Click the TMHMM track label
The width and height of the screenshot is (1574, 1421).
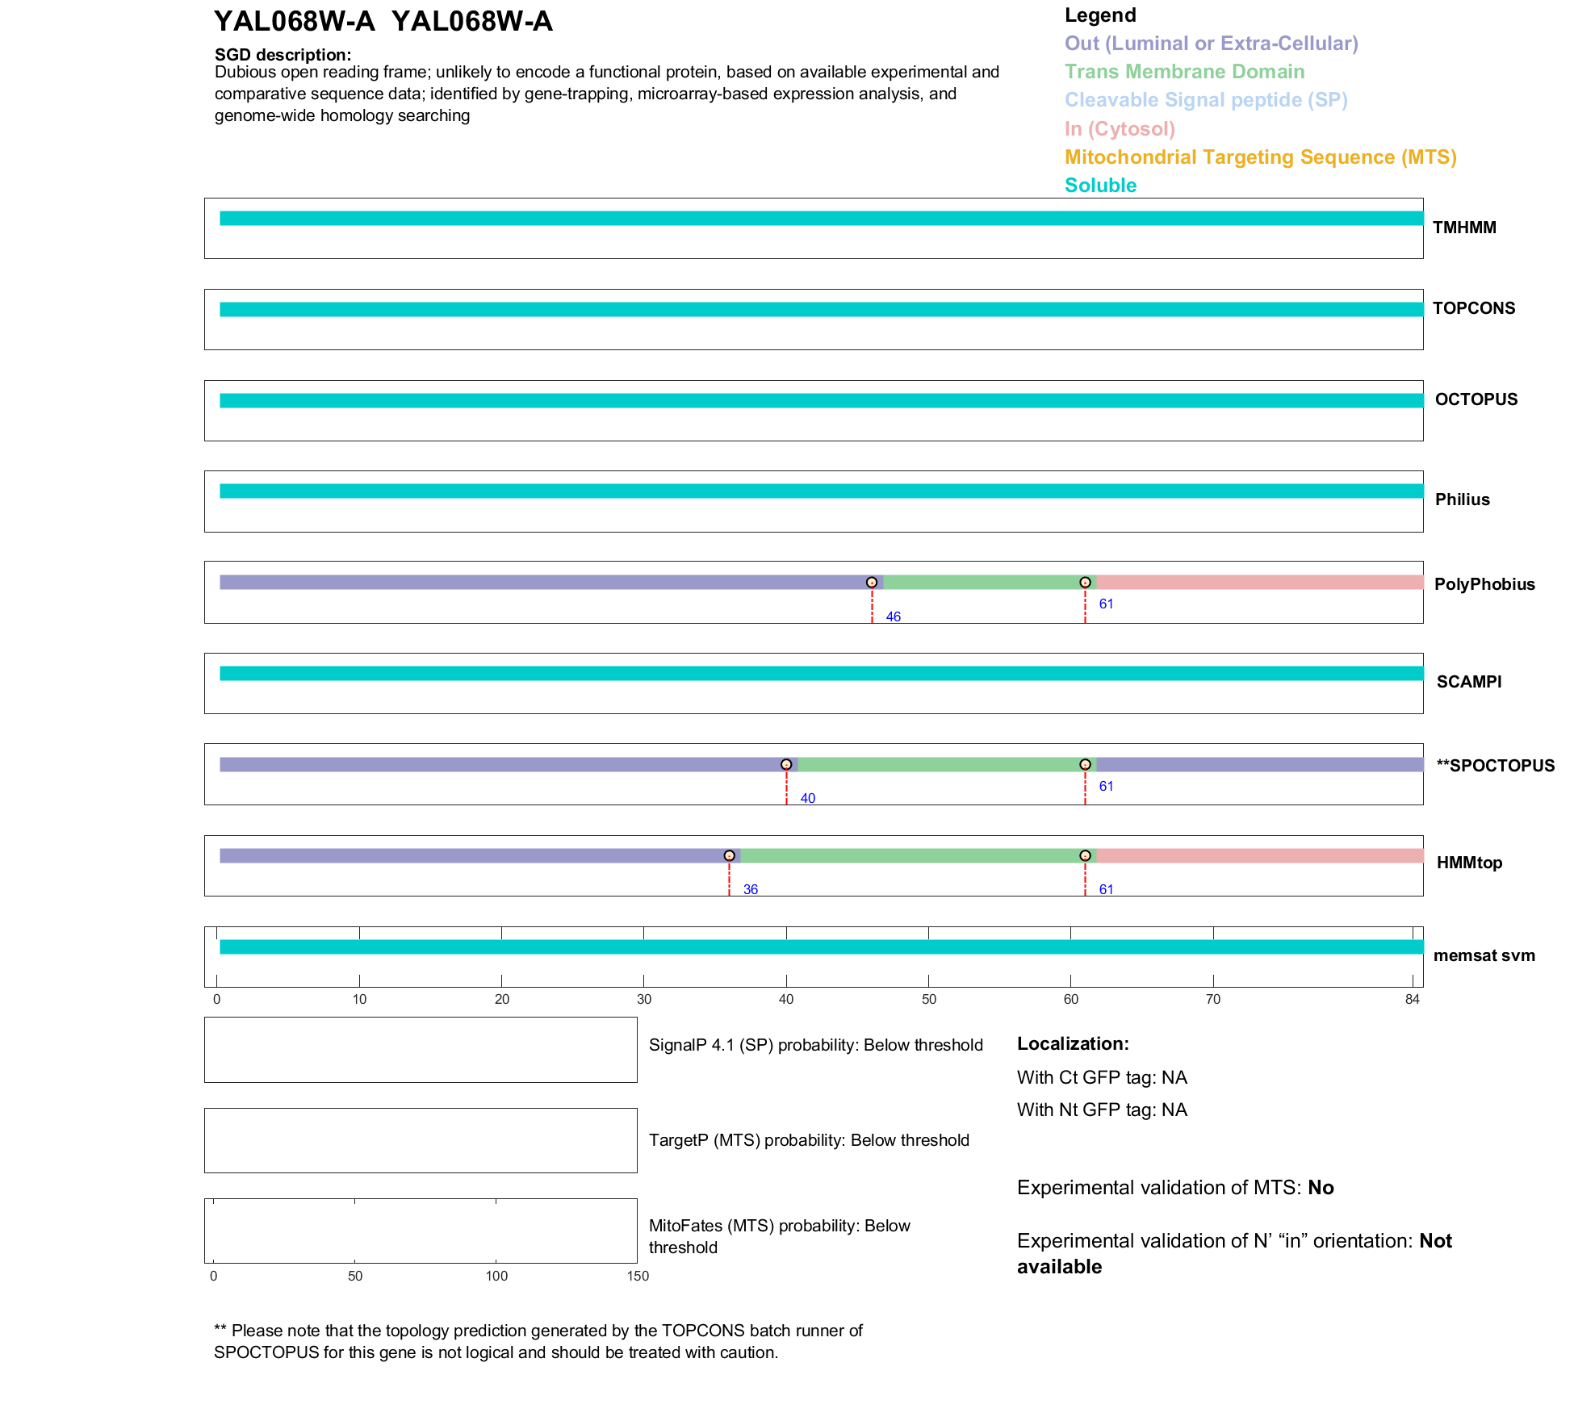1463,228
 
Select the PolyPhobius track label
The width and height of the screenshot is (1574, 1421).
1484,584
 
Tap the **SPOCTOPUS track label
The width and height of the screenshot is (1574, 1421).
1495,766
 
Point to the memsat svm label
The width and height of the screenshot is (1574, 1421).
1484,955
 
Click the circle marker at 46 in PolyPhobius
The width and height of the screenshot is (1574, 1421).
872,583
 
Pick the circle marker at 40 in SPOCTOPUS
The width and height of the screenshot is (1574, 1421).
786,764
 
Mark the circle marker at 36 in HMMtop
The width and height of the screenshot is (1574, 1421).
730,855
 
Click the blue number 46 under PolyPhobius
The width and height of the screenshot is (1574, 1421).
893,616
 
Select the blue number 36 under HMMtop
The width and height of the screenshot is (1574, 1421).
751,889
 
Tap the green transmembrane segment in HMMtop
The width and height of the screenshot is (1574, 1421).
912,855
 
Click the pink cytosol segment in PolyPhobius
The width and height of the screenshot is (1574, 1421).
1259,583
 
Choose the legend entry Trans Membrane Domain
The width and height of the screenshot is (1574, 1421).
1184,72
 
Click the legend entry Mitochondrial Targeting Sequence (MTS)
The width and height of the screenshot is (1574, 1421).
1260,157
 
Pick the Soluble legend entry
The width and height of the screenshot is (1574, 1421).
1100,186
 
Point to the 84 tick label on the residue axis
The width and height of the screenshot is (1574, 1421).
1412,999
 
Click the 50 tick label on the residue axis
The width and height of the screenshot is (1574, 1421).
929,999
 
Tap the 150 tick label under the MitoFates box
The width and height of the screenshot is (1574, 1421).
638,1276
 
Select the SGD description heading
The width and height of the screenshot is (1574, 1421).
283,55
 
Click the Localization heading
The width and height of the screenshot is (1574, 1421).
1072,1043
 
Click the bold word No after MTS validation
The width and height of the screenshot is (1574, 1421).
1321,1188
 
